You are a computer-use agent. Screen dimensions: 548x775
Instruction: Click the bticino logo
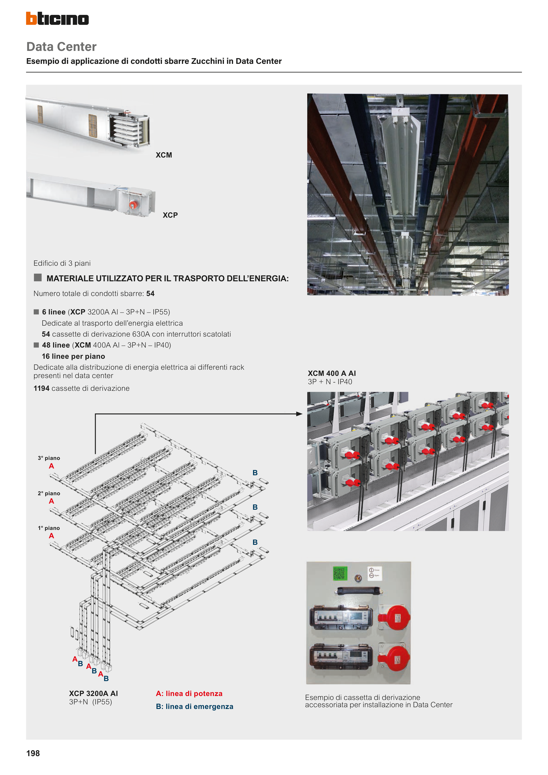point(57,19)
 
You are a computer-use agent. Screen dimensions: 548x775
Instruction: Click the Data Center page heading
point(61,47)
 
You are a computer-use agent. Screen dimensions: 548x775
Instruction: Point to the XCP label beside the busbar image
point(170,215)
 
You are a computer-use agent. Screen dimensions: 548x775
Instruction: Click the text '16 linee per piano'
point(73,356)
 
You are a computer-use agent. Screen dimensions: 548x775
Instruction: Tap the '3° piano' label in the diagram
point(49,458)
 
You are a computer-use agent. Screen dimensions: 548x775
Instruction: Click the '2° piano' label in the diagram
point(49,493)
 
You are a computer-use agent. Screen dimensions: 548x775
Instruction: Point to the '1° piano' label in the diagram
point(49,528)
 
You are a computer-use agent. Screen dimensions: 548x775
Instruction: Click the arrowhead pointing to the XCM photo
point(299,414)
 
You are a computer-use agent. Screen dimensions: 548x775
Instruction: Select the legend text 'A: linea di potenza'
point(189,694)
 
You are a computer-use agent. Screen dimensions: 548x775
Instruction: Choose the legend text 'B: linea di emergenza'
point(194,707)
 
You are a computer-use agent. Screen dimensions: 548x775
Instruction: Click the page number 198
point(33,753)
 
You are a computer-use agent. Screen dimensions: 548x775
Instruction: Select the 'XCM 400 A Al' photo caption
point(332,373)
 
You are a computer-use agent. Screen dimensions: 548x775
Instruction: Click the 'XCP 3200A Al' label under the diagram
point(93,693)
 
